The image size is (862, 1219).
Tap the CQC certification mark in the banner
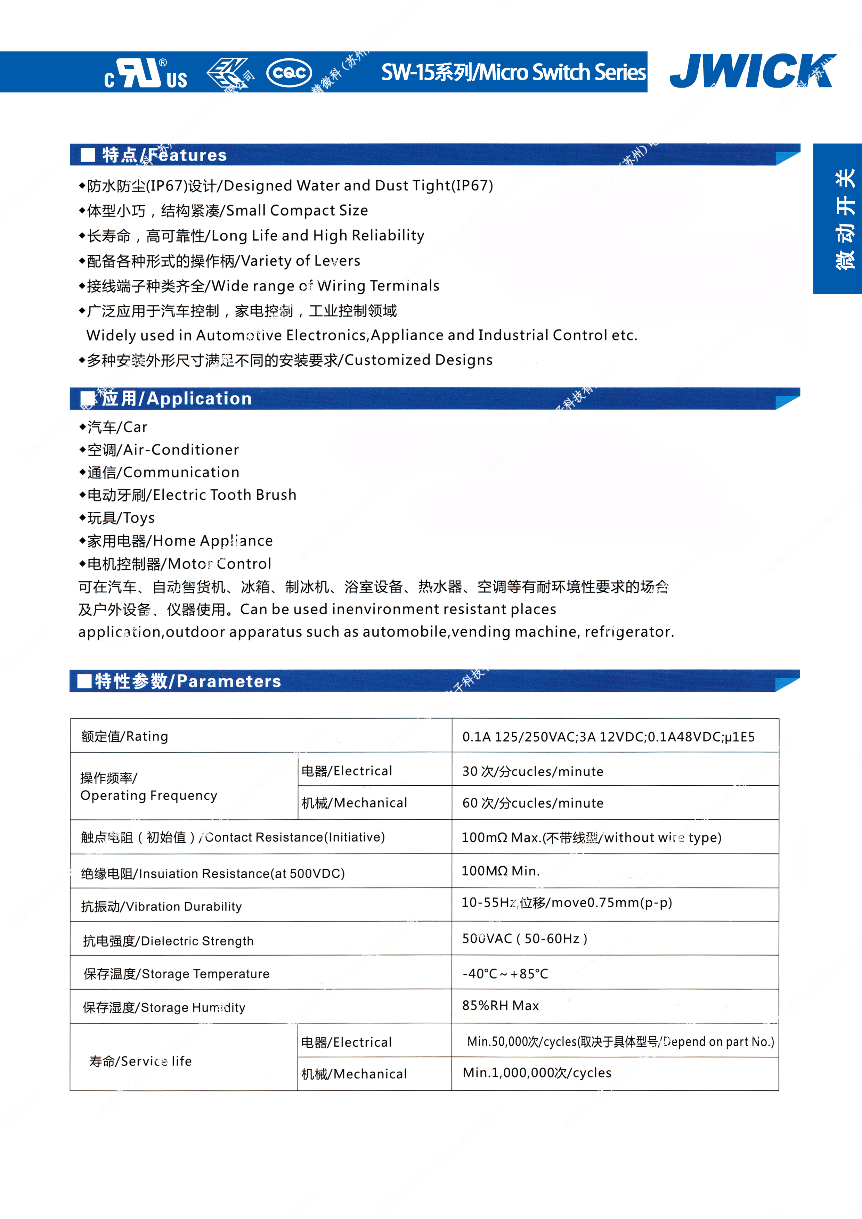point(288,73)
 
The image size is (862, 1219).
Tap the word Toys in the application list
point(139,518)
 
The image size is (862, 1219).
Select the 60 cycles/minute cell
point(533,803)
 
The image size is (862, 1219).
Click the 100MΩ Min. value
point(500,871)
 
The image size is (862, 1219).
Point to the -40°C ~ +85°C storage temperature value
point(505,974)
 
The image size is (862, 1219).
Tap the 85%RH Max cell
point(500,1006)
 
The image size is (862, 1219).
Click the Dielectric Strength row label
point(168,941)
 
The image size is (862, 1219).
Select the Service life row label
point(140,1061)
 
